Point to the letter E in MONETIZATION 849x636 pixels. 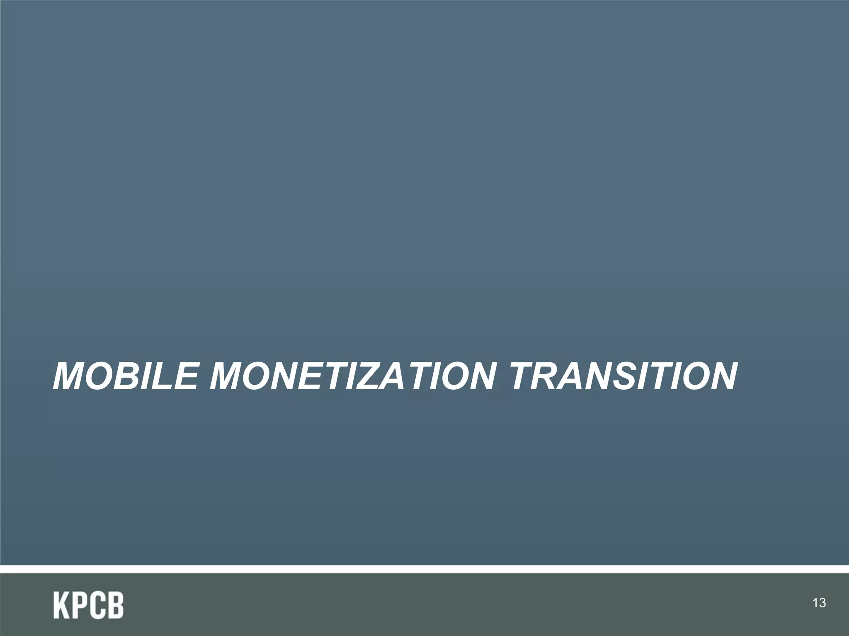(x=303, y=376)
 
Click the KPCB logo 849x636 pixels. (x=88, y=605)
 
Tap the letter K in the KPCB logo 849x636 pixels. (x=61, y=605)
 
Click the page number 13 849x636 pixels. (x=820, y=603)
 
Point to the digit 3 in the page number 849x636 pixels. (x=822, y=603)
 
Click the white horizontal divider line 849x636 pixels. (x=424, y=569)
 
